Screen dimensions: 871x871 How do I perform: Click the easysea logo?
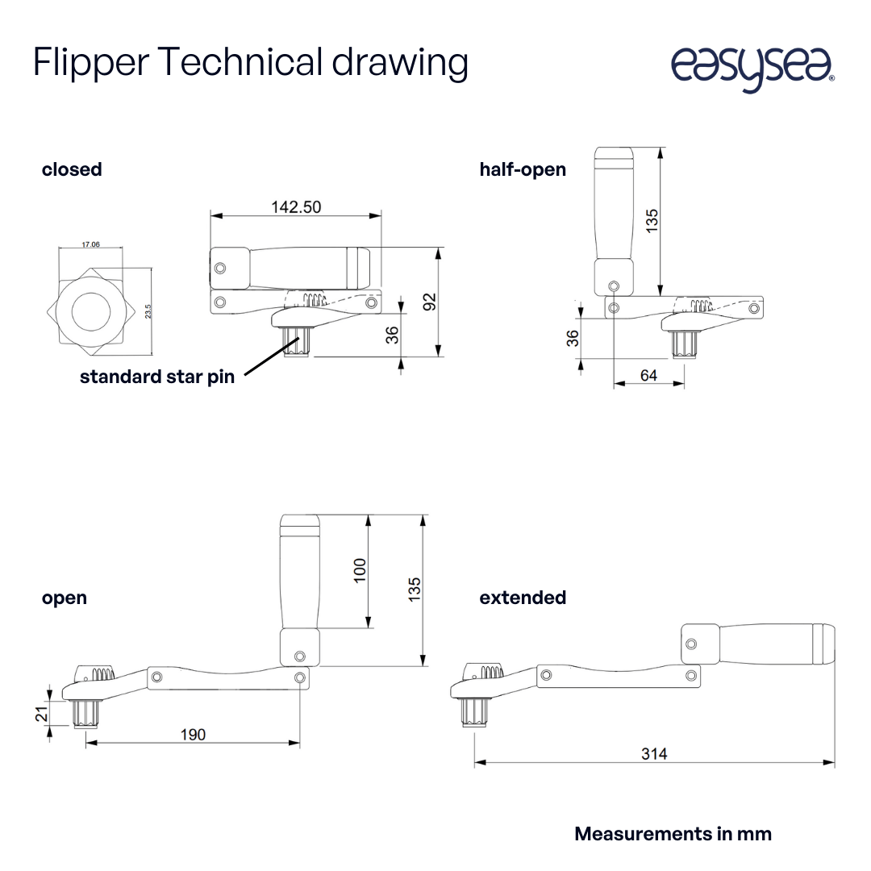(x=752, y=68)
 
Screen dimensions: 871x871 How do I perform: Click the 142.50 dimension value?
(x=295, y=207)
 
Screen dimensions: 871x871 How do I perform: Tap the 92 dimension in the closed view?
(x=430, y=301)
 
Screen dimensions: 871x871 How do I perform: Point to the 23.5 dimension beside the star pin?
(x=148, y=311)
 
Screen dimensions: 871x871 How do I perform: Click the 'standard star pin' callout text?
(x=157, y=377)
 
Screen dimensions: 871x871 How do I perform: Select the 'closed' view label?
(x=72, y=169)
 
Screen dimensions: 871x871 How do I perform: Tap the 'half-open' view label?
(x=523, y=169)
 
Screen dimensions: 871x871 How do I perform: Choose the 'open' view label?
(x=64, y=598)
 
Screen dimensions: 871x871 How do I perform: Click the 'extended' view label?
(x=523, y=598)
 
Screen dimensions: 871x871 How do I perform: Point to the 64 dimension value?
(x=648, y=375)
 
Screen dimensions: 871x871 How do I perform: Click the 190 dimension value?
(x=192, y=734)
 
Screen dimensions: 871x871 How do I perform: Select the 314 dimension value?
(x=654, y=754)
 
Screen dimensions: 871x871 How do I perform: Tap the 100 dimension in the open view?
(x=360, y=570)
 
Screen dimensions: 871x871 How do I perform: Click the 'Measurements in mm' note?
(x=673, y=834)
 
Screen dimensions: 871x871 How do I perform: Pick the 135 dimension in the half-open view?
(x=652, y=220)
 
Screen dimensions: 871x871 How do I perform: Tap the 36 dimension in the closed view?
(x=392, y=334)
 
